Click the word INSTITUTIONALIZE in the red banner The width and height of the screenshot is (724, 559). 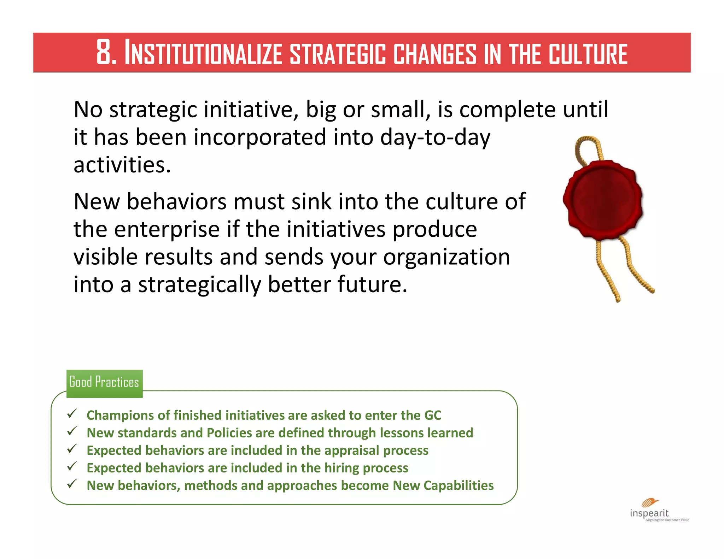pos(203,53)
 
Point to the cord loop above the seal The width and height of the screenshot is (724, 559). pos(588,148)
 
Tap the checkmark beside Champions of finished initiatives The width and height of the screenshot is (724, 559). pos(72,413)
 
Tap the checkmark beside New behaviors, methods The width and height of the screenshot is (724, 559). pos(72,484)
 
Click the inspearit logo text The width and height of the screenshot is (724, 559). pos(649,513)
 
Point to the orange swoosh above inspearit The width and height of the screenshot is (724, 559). pos(650,502)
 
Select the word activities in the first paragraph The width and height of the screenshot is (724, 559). pos(122,165)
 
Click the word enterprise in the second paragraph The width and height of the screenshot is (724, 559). pos(167,229)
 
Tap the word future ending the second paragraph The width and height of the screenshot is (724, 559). pos(371,284)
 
